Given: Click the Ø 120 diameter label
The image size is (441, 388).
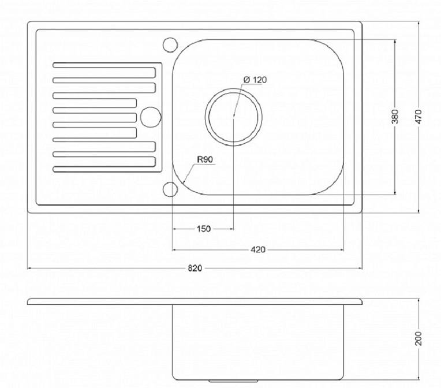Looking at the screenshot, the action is click(x=255, y=80).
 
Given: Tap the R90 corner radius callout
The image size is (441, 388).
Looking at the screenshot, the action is click(x=205, y=159).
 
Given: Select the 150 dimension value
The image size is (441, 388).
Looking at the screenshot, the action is click(x=204, y=229).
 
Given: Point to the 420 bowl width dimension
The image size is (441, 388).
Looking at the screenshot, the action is click(x=257, y=249).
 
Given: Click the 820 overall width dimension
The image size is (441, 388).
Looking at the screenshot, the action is click(x=195, y=268).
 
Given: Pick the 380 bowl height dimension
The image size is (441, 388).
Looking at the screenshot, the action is click(x=395, y=117).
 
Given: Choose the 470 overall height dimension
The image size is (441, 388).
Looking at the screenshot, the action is click(x=418, y=117).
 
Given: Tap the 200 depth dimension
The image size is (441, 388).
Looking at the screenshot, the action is click(x=418, y=338).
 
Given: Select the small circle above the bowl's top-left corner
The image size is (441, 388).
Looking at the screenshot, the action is click(x=170, y=44).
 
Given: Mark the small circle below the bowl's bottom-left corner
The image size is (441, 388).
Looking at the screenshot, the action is click(x=170, y=189).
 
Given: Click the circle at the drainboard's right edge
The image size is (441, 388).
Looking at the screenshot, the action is click(x=151, y=117).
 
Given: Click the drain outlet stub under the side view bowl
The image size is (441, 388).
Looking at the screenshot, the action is click(x=233, y=381).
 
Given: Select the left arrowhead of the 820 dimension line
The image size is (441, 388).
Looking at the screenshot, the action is click(x=29, y=268).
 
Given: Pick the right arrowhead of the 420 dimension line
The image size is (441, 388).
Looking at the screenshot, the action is click(x=342, y=249).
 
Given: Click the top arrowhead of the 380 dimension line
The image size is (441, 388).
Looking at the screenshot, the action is click(x=395, y=42).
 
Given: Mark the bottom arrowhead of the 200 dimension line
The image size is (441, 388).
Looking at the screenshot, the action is click(x=418, y=377).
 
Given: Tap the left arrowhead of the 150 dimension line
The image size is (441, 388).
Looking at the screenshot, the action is click(x=175, y=229).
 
